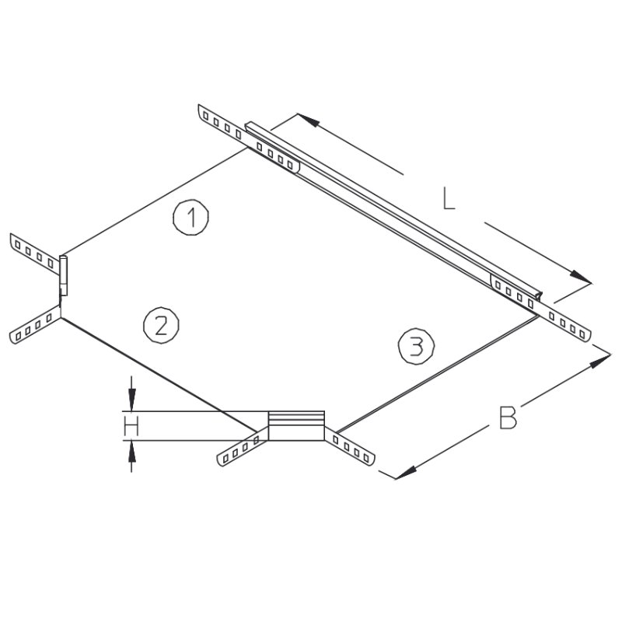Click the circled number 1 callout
point(190,218)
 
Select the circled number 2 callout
point(161,325)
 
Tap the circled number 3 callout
point(416,346)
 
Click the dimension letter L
point(449,198)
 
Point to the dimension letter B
point(508,418)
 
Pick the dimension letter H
point(131,425)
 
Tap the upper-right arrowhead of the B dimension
point(600,361)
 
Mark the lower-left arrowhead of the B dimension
point(405,473)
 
